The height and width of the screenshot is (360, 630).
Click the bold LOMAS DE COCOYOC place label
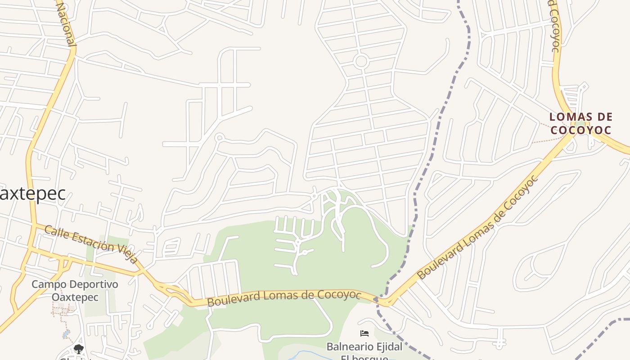tap(581, 124)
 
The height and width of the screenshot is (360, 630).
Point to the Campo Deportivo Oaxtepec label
tap(75, 291)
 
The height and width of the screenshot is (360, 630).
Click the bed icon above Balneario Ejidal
tap(364, 333)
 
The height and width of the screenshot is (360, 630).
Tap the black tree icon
tap(78, 349)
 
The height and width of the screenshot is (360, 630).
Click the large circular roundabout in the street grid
tap(361, 61)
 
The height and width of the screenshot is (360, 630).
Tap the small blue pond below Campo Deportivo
tap(67, 334)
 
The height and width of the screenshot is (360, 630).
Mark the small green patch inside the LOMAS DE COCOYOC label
tap(580, 124)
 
